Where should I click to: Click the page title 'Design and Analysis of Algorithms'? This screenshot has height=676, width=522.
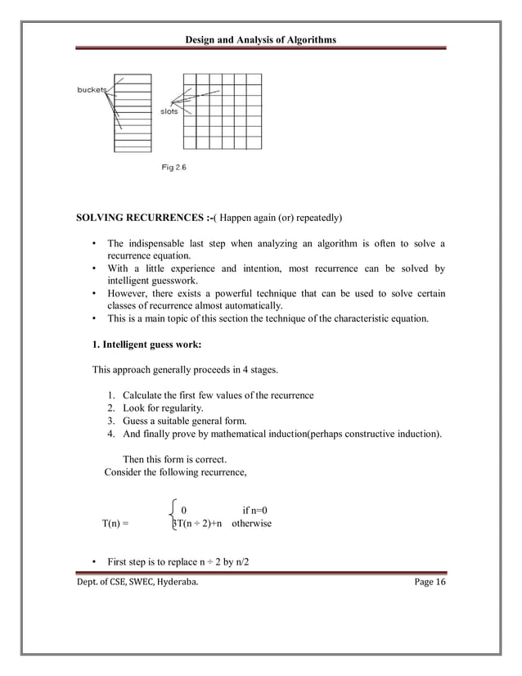[260, 40]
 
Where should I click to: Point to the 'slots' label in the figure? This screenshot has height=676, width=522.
[169, 112]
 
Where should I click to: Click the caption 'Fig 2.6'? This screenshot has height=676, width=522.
[173, 169]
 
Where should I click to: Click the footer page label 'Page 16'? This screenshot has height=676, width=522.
[425, 581]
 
